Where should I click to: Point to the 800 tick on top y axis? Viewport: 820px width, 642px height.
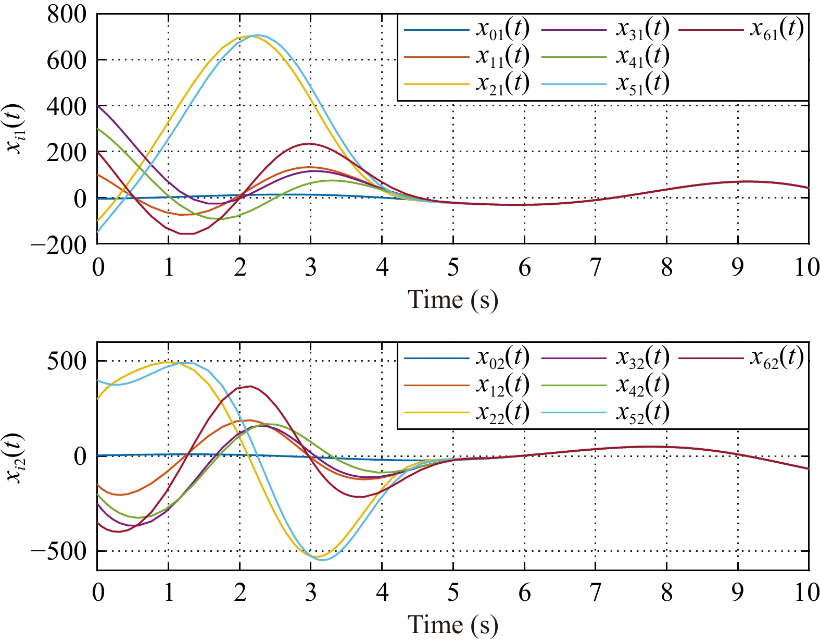pos(67,14)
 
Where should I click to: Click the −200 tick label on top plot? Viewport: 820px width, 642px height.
pos(59,244)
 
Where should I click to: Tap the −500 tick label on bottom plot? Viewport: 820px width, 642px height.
pos(59,551)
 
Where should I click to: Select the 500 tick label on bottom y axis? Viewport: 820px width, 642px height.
pos(67,361)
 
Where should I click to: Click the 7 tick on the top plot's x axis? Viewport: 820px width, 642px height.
pos(595,268)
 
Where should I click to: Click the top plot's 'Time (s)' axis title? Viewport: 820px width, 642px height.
pos(452,300)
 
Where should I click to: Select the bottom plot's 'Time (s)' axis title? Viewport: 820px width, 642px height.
pos(452,625)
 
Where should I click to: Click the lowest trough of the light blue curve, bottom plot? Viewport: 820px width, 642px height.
pos(323,560)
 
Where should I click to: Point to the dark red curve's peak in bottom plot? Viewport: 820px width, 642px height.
pos(250,386)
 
